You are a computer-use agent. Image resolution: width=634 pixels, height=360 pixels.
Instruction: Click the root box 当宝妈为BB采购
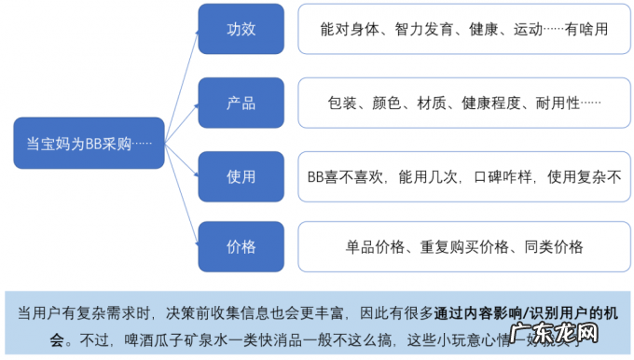click(x=90, y=143)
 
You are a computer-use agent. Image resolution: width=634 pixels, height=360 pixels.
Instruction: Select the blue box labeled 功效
click(x=241, y=29)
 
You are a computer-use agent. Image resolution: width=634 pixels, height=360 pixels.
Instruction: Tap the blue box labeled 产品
click(x=241, y=102)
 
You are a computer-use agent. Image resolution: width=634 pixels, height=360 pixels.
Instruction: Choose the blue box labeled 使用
click(x=241, y=174)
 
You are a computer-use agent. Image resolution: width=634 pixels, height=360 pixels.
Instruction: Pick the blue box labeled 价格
click(x=241, y=246)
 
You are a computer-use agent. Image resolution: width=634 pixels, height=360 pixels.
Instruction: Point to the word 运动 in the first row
click(x=529, y=30)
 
